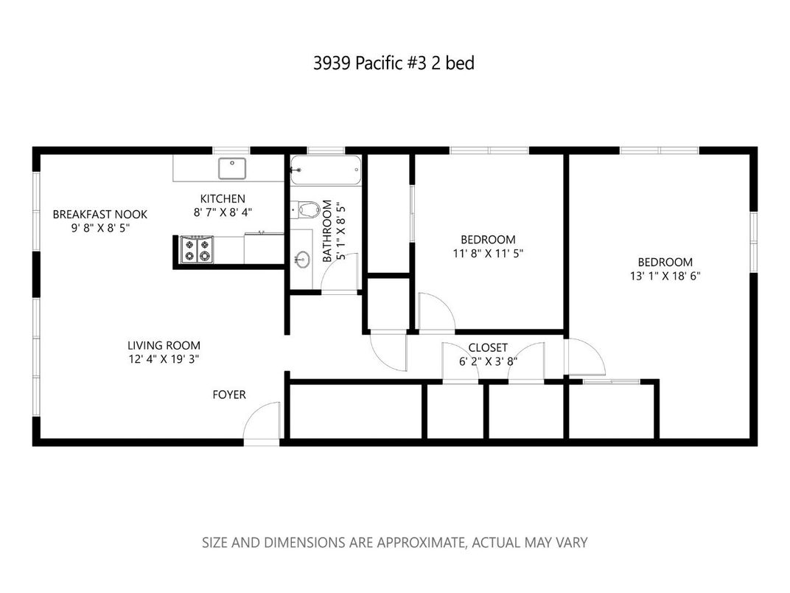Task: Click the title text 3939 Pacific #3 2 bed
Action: (x=394, y=63)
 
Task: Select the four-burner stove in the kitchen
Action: (x=197, y=249)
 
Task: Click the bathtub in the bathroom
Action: (x=326, y=170)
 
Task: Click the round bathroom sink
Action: (x=301, y=260)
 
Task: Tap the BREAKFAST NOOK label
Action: (x=99, y=215)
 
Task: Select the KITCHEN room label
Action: (x=223, y=198)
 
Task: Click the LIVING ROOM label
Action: (x=164, y=345)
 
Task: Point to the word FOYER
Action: (x=229, y=395)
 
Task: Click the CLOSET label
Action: (x=488, y=347)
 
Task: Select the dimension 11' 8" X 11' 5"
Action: (x=488, y=253)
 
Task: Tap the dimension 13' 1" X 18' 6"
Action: (x=665, y=276)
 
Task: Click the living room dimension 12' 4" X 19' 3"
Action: (x=164, y=359)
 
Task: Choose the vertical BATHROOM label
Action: (x=328, y=232)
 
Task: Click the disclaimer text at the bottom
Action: (x=395, y=543)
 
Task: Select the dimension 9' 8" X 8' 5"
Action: (x=99, y=228)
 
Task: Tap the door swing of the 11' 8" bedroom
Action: (x=434, y=313)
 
